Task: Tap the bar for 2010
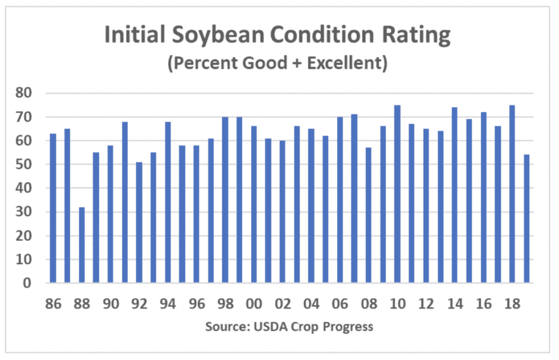(x=397, y=194)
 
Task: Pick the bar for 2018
(x=512, y=194)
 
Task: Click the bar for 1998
(x=225, y=200)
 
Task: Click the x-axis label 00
(x=253, y=304)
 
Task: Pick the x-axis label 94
(x=168, y=304)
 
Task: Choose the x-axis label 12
(x=425, y=304)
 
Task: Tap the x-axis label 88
(x=82, y=304)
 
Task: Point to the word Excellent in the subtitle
(x=347, y=63)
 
